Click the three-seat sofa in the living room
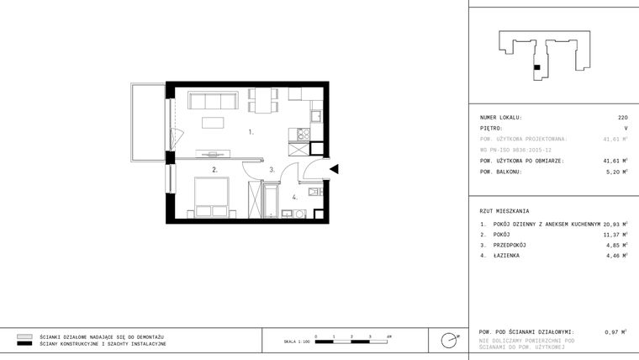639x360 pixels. coord(214,102)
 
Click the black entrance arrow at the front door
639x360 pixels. coord(334,169)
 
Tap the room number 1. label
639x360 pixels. coord(251,132)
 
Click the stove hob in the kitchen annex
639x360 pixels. coord(302,133)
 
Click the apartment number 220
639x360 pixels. coord(622,118)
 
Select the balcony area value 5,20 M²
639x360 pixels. coord(615,172)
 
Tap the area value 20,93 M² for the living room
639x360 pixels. coord(615,225)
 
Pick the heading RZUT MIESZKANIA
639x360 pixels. coord(504,211)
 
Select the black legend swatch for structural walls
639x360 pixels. coord(25,344)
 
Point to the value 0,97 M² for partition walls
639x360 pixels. coord(615,332)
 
